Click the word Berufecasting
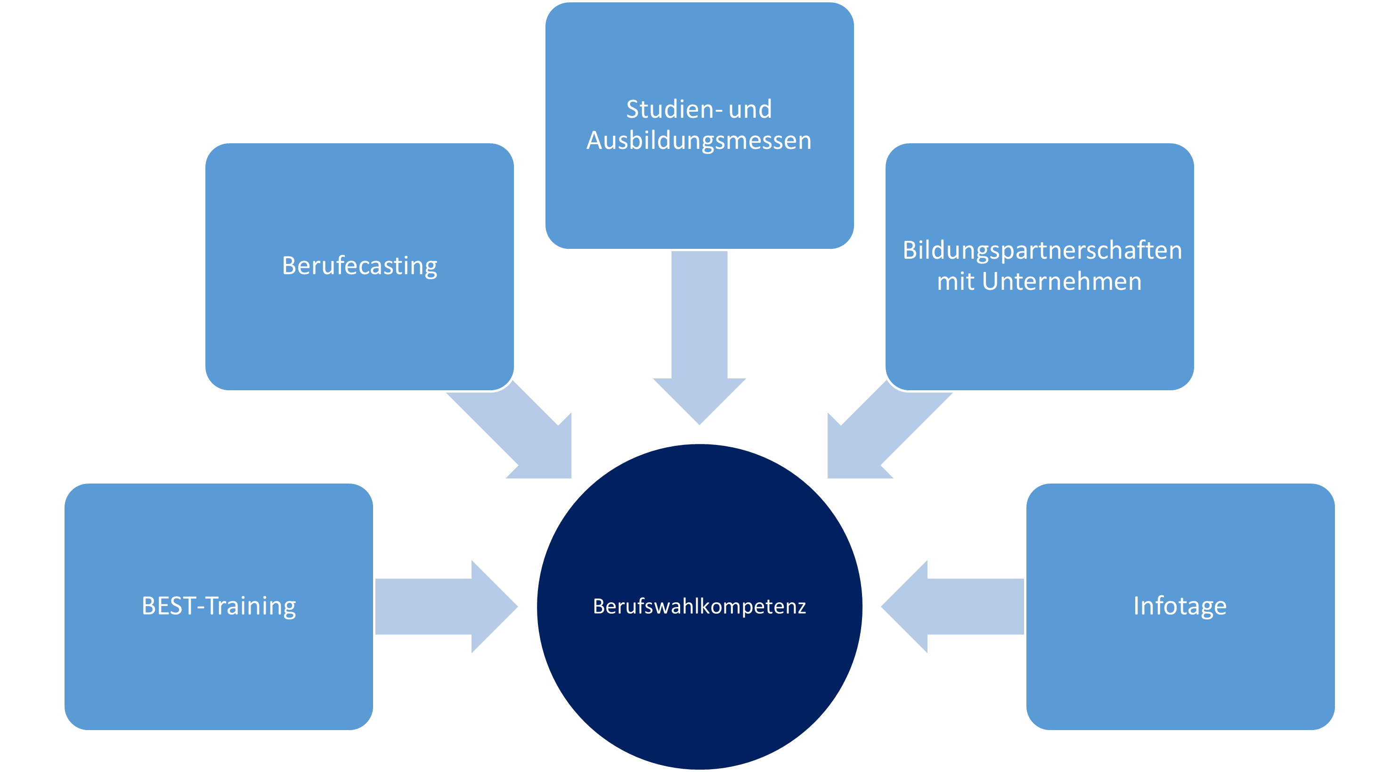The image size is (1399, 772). [359, 266]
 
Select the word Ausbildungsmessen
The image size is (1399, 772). [699, 140]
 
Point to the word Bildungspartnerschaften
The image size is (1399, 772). [1041, 250]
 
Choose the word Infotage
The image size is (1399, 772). [1179, 606]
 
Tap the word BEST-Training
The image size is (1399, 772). [218, 606]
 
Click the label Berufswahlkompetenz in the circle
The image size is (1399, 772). [699, 606]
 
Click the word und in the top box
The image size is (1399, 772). [750, 109]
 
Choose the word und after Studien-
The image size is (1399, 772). [750, 109]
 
